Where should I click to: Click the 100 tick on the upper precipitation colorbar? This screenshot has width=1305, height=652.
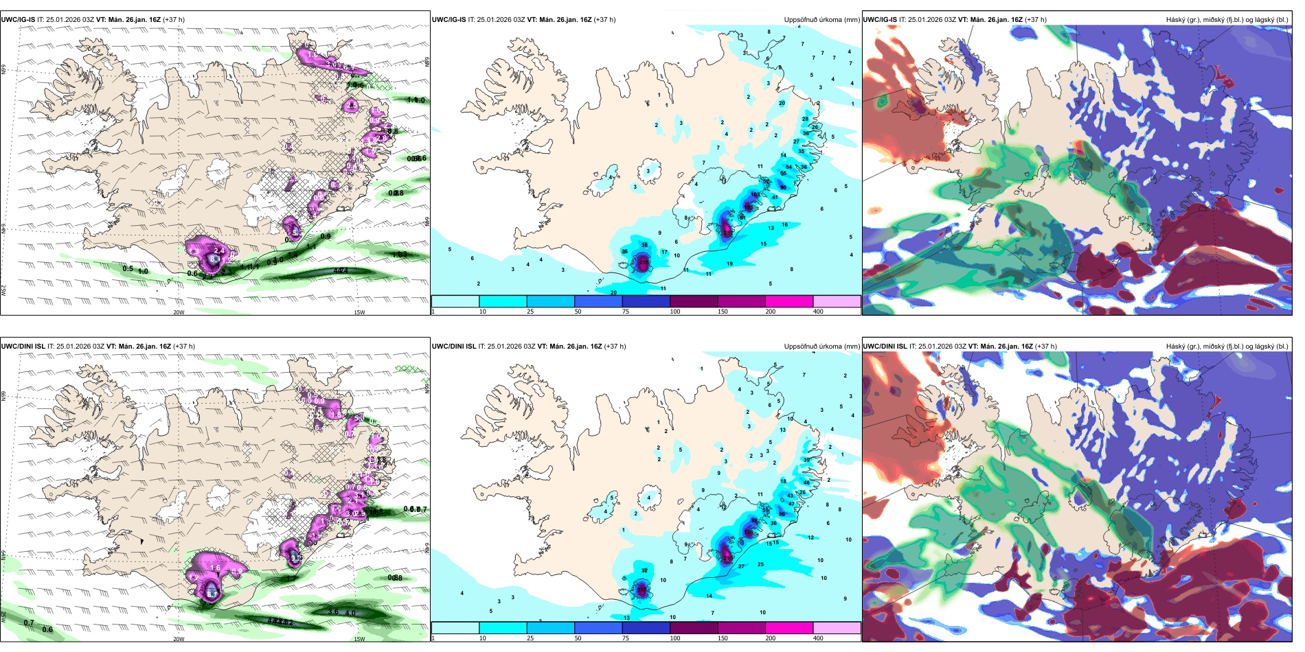pyautogui.click(x=675, y=312)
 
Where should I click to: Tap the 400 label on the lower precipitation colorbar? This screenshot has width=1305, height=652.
pyautogui.click(x=818, y=638)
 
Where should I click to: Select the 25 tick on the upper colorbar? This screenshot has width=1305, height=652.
pyautogui.click(x=530, y=312)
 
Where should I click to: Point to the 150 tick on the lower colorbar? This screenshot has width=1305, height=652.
pyautogui.click(x=723, y=638)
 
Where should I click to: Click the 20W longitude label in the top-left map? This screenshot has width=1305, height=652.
pyautogui.click(x=179, y=312)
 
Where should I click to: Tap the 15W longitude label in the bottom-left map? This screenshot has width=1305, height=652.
pyautogui.click(x=359, y=639)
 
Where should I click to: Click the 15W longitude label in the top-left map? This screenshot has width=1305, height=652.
pyautogui.click(x=359, y=312)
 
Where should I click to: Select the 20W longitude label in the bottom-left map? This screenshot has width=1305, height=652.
pyautogui.click(x=179, y=639)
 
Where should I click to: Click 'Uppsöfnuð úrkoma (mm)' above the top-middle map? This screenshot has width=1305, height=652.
pyautogui.click(x=821, y=20)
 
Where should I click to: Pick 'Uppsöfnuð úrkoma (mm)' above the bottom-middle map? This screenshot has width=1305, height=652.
pyautogui.click(x=821, y=347)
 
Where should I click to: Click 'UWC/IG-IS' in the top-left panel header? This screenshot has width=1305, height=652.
pyautogui.click(x=18, y=20)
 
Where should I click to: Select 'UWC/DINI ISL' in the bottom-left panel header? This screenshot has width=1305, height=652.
pyautogui.click(x=23, y=347)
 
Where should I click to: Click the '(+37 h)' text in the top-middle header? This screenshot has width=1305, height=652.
pyautogui.click(x=604, y=20)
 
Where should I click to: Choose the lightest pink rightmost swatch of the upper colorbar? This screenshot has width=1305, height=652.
pyautogui.click(x=837, y=301)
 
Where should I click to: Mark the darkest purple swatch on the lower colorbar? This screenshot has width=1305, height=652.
pyautogui.click(x=694, y=628)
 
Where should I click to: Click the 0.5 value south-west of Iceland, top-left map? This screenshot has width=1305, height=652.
pyautogui.click(x=128, y=268)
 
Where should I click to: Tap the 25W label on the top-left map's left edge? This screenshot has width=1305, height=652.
pyautogui.click(x=4, y=290)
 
